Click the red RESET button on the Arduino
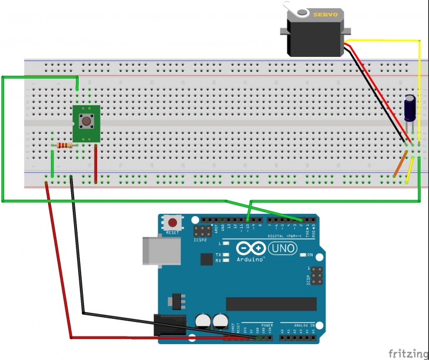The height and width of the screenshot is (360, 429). [x=173, y=223]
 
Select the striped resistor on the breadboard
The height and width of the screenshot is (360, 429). [x=64, y=145]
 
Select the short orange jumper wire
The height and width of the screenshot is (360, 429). [x=400, y=164]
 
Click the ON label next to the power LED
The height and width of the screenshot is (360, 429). [x=310, y=255]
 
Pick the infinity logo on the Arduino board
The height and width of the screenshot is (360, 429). [x=250, y=248]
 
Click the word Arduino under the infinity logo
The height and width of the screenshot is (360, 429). [x=250, y=259]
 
